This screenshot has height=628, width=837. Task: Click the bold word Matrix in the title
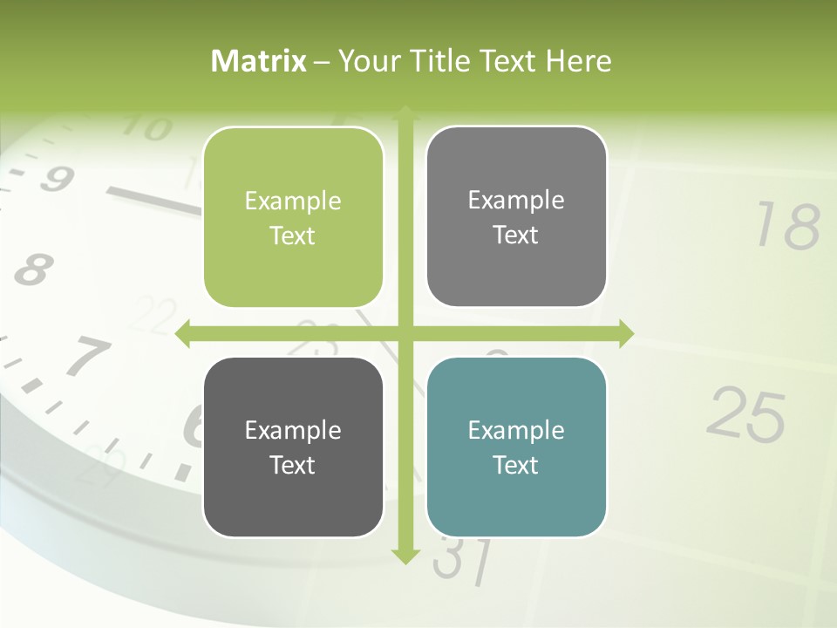point(259,61)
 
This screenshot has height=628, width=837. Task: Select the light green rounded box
point(293,217)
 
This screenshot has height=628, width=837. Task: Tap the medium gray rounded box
point(516,216)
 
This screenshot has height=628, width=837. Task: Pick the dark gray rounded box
point(293,447)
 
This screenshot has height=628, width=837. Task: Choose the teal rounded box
point(516,447)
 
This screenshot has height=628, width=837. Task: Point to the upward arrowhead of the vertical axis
point(405,112)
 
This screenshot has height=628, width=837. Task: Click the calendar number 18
point(787,226)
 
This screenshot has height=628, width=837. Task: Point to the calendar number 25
point(745,414)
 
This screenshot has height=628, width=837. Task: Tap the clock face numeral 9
point(56,180)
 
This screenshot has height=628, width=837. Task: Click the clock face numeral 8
point(33,270)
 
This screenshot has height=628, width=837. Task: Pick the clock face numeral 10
point(147,129)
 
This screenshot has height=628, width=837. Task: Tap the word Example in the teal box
point(516,430)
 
